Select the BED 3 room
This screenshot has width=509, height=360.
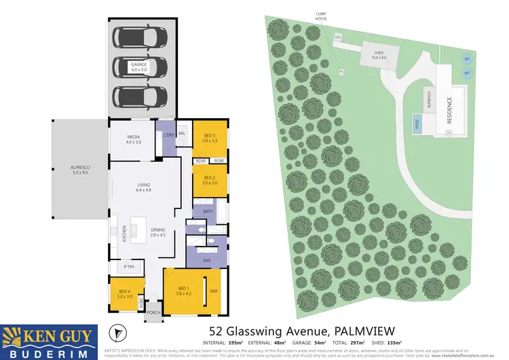(x=209, y=139)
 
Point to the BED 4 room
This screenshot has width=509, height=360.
(x=124, y=295)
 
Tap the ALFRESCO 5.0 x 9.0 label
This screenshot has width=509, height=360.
(x=80, y=170)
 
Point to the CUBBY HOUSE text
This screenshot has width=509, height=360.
(x=321, y=16)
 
